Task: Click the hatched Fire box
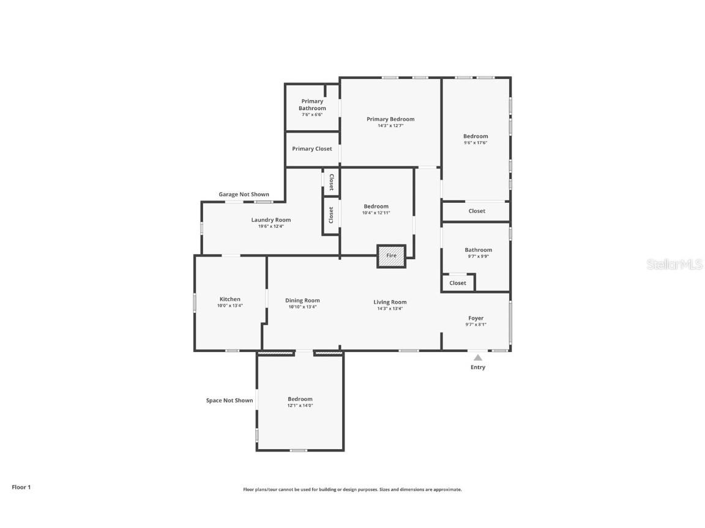[391, 255]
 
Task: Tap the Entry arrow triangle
[478, 358]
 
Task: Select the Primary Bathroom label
[312, 105]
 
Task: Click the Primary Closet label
[312, 148]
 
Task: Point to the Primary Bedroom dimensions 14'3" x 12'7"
[390, 126]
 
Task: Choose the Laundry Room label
[271, 220]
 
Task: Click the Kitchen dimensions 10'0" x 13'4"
[230, 306]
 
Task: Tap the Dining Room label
[302, 300]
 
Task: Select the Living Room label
[390, 302]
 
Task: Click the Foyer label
[476, 318]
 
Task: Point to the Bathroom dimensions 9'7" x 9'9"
[478, 256]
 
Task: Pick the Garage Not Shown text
[244, 194]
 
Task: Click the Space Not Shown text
[229, 400]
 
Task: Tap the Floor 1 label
[21, 487]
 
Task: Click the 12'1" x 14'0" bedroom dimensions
[300, 406]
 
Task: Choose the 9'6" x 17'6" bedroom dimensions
[476, 143]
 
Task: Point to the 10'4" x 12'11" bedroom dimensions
[376, 213]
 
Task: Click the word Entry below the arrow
[478, 367]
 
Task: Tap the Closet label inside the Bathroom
[458, 283]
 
